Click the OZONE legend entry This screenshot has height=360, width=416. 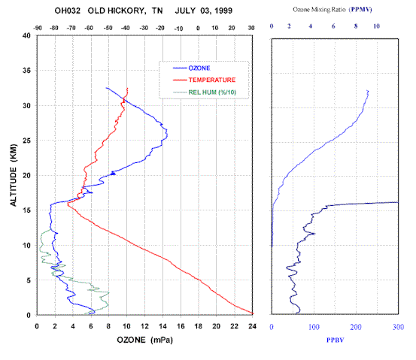192,68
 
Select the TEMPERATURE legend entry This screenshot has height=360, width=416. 205,80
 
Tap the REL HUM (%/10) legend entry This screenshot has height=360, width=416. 205,92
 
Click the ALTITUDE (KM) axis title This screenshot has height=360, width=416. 14,175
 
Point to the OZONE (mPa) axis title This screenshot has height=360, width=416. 145,340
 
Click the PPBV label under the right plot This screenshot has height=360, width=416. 335,340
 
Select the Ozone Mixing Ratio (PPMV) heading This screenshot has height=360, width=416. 332,10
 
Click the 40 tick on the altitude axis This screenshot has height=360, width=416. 26,35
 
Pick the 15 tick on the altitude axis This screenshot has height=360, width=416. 26,210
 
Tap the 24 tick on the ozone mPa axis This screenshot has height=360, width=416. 252,326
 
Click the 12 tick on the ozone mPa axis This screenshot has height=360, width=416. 145,326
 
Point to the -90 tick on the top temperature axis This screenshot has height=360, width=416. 38,28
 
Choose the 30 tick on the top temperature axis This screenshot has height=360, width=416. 251,28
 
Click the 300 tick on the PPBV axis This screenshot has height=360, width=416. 398,327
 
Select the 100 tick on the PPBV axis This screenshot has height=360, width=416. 314,327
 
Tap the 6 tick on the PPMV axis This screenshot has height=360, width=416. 333,26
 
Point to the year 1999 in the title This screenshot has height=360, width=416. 223,11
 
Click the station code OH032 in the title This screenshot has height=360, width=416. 68,11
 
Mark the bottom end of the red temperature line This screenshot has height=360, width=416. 252,313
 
